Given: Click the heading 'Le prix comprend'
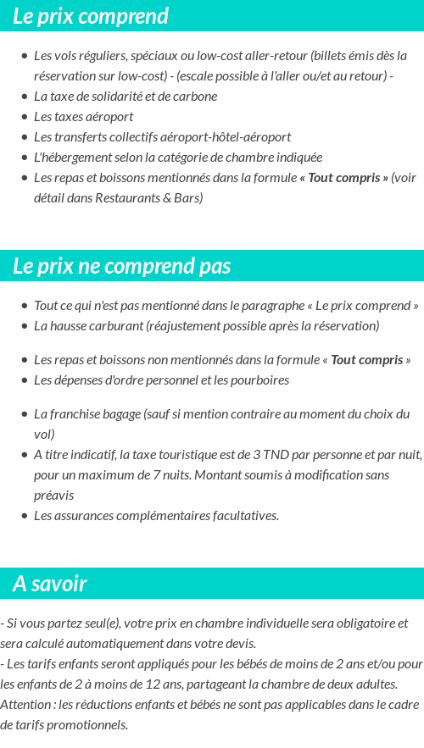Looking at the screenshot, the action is pos(91,16).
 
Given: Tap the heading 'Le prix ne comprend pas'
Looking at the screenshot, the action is pos(121,266).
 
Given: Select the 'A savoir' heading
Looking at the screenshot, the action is pos(50,584).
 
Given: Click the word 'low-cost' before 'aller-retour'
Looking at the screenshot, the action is pos(219,56).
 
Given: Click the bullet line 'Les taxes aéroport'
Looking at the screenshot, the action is pos(83,117).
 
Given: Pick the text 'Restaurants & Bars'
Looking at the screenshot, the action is pos(152,198).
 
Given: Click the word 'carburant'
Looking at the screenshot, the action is pos(114,326).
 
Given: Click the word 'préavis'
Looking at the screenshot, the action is pos(54,496).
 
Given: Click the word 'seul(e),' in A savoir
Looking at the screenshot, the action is pos(96,623).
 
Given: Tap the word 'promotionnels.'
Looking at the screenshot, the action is pos(89,725).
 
